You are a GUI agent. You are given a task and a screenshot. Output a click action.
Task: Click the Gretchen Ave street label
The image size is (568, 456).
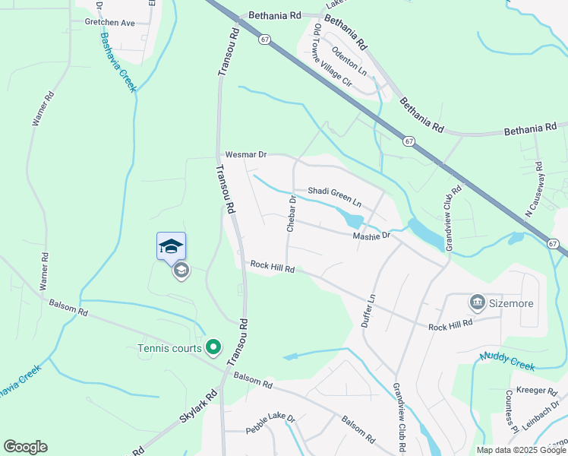(x=109, y=23)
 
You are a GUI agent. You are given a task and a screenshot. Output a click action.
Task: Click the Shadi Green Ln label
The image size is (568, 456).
(x=333, y=197)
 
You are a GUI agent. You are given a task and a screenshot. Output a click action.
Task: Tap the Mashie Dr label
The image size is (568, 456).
(x=371, y=236)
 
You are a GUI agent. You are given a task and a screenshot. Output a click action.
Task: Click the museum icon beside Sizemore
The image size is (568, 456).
(x=478, y=303)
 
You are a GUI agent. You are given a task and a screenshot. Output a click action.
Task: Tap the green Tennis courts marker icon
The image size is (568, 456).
(x=213, y=348)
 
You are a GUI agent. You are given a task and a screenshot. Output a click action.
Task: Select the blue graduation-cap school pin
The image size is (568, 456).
(x=171, y=246)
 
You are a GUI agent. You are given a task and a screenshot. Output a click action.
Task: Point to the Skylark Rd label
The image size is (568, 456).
(x=198, y=407)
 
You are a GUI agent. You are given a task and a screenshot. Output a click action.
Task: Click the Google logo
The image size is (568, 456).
(x=25, y=447)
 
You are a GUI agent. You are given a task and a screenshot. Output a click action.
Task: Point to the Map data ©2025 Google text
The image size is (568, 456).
(x=520, y=450)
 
